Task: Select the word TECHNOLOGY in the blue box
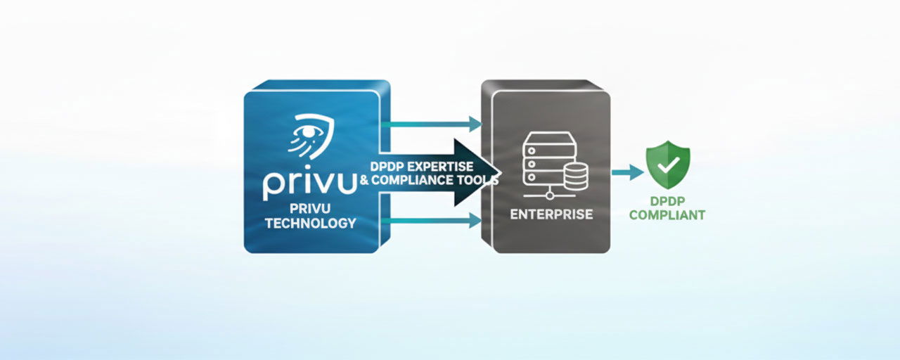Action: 310,224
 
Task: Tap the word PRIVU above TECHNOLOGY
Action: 310,209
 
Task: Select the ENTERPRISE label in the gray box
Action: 551,214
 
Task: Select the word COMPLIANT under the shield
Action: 667,215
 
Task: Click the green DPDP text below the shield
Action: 667,201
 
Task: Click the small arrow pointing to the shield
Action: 627,172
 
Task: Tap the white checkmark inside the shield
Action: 669,165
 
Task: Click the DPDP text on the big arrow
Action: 387,166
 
